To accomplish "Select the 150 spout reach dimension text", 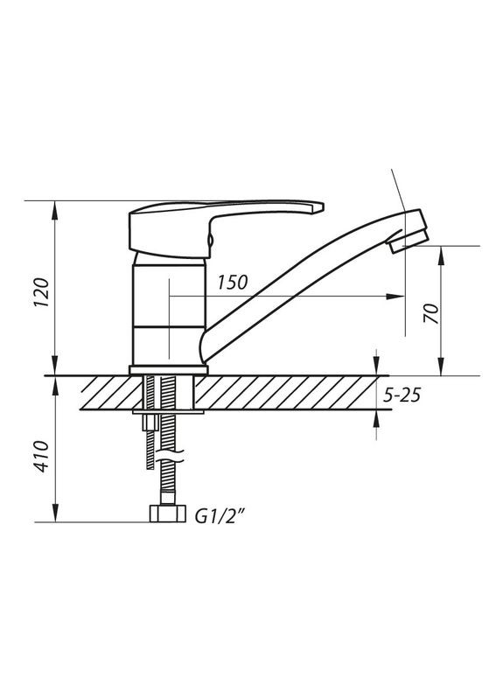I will pos(233,283).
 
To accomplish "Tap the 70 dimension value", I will pos(430,312).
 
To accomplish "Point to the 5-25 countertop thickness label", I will pos(402,395).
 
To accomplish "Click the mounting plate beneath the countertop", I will pos(168,410).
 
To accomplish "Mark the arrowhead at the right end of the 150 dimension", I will pos(399,297).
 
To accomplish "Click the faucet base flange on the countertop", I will pos(168,370).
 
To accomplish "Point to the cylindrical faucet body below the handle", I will pos(168,311).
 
